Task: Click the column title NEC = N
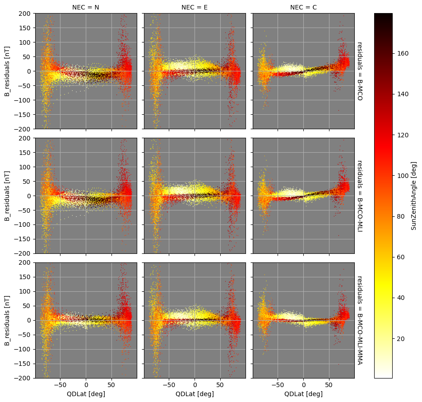click(86, 7)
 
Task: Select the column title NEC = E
click(195, 7)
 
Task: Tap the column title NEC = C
click(303, 7)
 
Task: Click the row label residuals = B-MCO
click(360, 71)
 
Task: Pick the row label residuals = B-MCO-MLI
click(360, 195)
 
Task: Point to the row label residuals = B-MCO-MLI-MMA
click(360, 320)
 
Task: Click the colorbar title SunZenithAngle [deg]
click(413, 196)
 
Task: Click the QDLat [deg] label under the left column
click(86, 394)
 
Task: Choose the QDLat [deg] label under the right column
click(303, 394)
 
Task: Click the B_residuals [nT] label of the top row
click(7, 71)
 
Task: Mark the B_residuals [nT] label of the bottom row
click(7, 320)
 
